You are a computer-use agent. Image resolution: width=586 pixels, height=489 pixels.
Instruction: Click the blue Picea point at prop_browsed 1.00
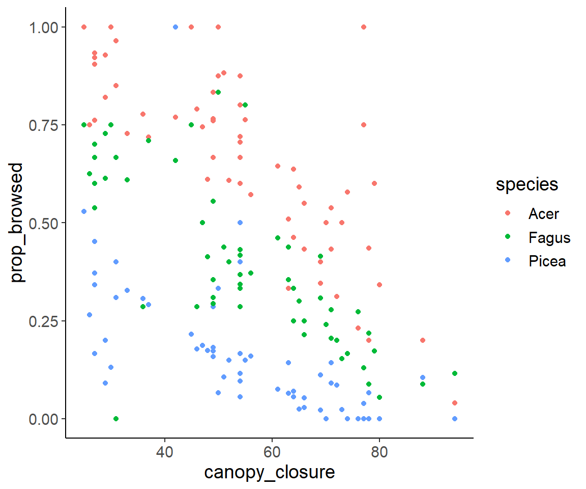[175, 27]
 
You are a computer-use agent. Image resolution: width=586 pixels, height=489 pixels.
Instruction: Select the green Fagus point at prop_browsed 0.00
[116, 419]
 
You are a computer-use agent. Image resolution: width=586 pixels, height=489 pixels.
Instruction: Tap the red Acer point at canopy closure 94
[455, 403]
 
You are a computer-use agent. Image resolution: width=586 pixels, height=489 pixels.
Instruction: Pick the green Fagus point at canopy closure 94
[455, 373]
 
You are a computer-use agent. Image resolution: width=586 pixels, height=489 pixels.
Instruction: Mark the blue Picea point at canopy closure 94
[455, 419]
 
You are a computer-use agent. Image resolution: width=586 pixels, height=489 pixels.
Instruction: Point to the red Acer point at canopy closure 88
[422, 340]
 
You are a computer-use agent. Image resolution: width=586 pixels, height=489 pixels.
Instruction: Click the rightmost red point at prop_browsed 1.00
[363, 27]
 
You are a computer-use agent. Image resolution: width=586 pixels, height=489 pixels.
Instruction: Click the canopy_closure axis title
[270, 472]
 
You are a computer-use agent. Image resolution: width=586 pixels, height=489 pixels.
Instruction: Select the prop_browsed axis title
[18, 223]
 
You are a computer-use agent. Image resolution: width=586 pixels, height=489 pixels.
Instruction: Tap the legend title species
[527, 184]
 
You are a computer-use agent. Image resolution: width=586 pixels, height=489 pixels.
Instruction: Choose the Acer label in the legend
[543, 214]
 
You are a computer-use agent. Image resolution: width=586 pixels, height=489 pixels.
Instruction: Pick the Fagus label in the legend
[549, 238]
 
